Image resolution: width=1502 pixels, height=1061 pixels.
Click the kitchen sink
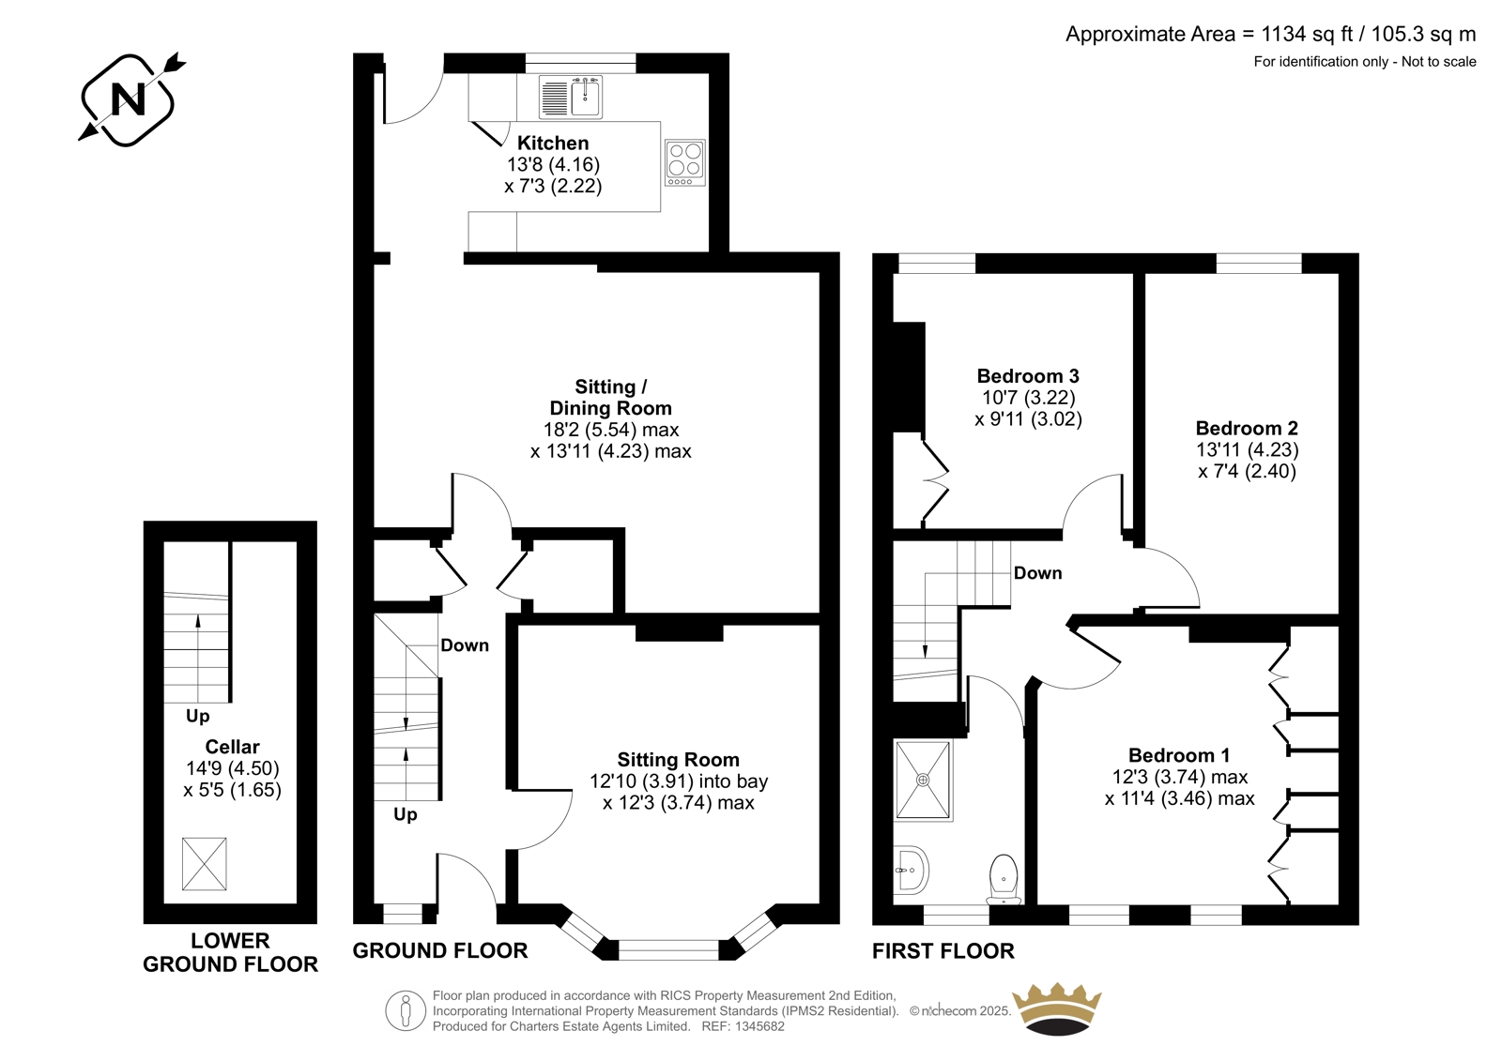pos(571,98)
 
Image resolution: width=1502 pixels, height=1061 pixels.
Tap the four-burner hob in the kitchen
pos(685,163)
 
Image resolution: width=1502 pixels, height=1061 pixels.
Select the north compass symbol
pos(130,99)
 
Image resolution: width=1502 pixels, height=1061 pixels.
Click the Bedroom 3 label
pos(1028,376)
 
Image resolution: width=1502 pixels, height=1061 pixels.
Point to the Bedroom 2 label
pos(1248,429)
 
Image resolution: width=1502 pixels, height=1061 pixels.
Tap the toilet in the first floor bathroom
pos(1004,879)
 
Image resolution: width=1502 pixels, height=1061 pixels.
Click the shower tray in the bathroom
pos(924,781)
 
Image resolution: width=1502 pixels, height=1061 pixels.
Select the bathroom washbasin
pos(911,870)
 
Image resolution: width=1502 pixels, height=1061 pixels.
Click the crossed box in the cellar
pos(205,864)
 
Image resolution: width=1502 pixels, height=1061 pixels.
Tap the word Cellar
pos(232,747)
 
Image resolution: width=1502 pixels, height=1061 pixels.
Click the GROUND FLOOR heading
pos(440,950)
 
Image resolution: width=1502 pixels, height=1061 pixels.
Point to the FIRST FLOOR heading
pos(943,950)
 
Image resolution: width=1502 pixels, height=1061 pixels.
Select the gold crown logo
pos(1057,1010)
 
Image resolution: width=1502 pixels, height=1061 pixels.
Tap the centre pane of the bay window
pos(668,949)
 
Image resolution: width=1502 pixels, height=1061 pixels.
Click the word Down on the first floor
pos(1038,573)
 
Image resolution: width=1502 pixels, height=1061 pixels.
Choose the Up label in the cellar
pos(198,717)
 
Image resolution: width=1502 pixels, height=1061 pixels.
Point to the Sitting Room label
pos(678,759)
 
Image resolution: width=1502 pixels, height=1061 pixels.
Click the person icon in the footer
pos(405,1010)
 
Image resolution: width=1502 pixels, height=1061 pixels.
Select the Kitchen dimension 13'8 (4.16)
pos(553,164)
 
